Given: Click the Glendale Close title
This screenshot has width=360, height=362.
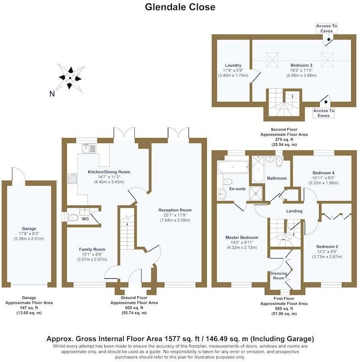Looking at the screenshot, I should pos(180,7).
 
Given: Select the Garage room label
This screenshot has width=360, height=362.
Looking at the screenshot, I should pos(28,229).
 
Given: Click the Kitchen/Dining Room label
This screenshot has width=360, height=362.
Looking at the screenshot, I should pos(109,172).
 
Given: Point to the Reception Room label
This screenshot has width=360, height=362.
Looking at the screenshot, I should pos(175,210).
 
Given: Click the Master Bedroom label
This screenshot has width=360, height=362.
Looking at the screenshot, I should pos(242,238).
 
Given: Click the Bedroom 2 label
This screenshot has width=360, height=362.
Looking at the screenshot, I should pos(327,246).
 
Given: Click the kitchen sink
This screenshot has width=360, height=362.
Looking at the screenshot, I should pos(88,147).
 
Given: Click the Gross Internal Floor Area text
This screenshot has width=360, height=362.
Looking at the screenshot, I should pos(180,339).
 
